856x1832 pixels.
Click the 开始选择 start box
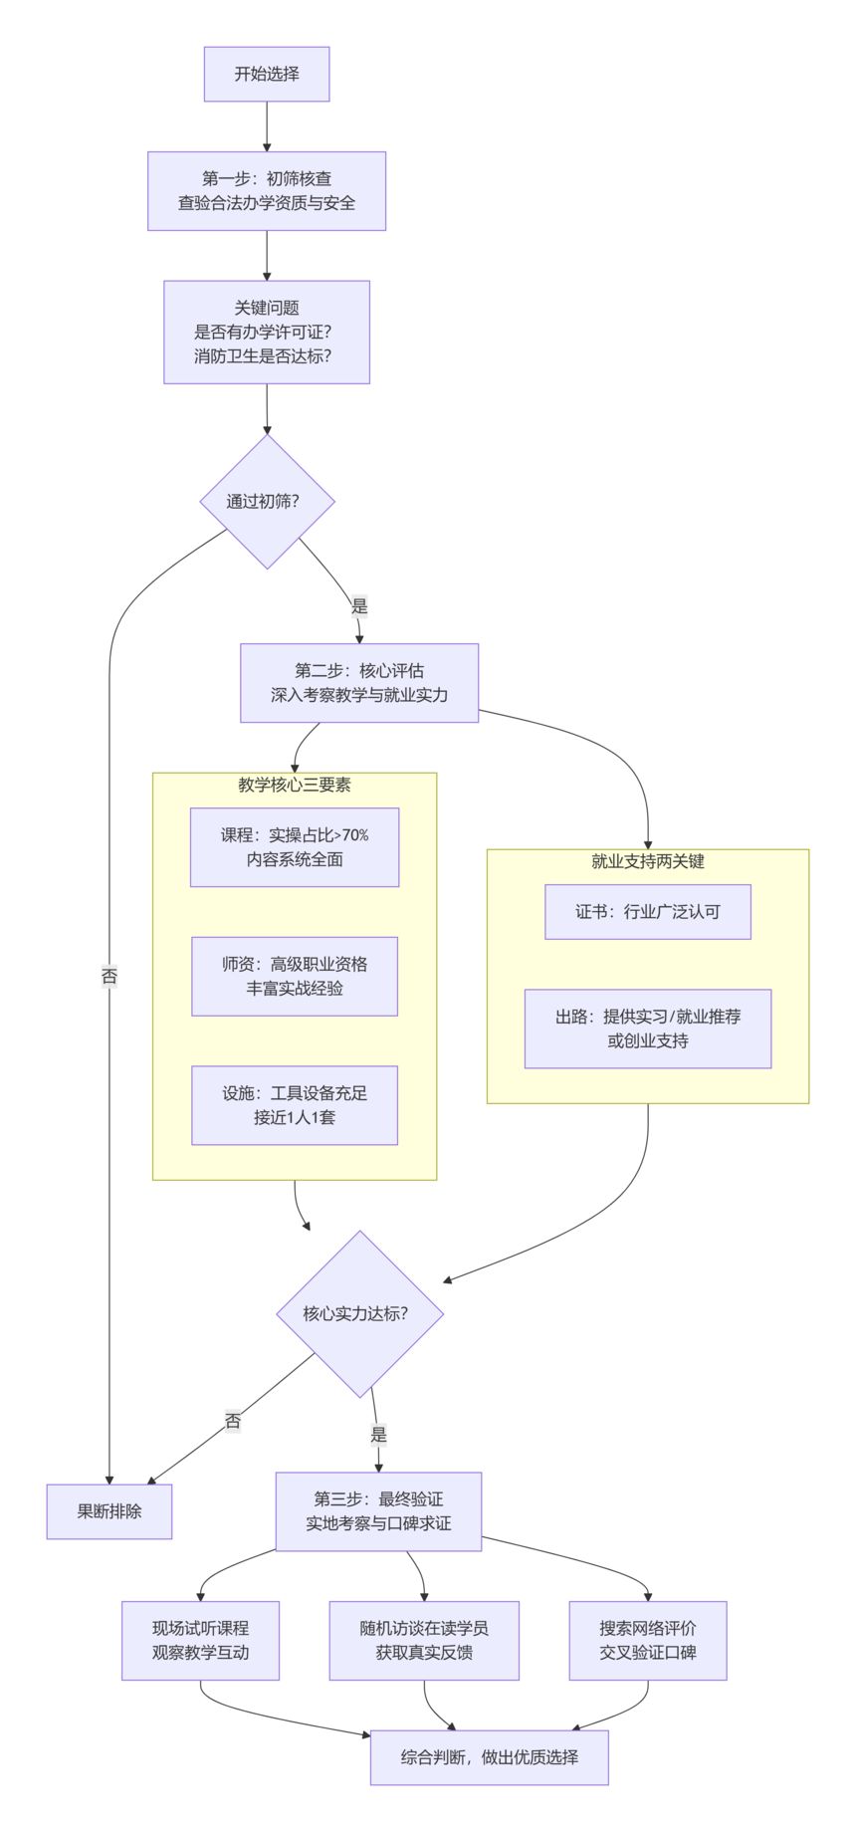[267, 74]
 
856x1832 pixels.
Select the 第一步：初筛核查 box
[267, 191]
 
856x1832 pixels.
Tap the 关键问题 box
[267, 332]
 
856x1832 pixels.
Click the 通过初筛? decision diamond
[267, 501]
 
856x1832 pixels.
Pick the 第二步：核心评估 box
[359, 683]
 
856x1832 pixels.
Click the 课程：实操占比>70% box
[295, 847]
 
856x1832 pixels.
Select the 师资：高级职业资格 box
[295, 976]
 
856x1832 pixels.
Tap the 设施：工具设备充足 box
[295, 1105]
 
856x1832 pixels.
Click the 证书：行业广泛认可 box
[648, 911]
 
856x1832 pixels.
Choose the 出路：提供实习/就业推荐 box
[648, 1029]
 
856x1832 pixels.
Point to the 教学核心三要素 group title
[295, 785]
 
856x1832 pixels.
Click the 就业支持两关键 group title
[648, 861]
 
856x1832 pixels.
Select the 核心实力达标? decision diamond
[359, 1313]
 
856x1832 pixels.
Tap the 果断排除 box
[109, 1511]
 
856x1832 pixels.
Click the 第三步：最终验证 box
[378, 1511]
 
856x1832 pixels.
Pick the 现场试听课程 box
[200, 1640]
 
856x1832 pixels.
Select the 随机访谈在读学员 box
[424, 1640]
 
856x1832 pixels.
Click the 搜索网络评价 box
[648, 1640]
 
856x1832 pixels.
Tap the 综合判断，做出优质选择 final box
[489, 1757]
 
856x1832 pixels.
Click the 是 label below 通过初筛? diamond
[359, 605]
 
